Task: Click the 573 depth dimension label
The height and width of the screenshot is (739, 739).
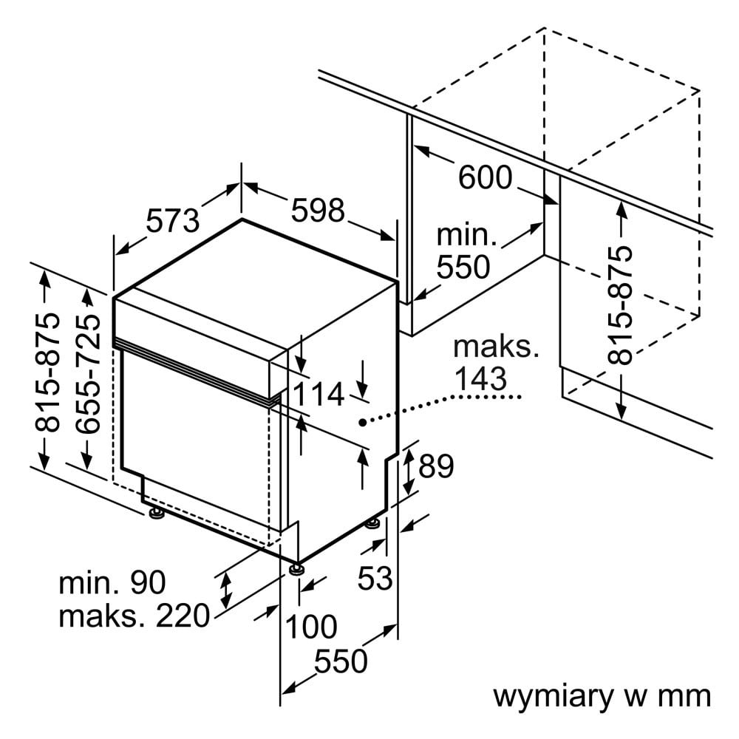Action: pyautogui.click(x=173, y=220)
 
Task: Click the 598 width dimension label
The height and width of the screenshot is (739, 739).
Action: pyautogui.click(x=318, y=211)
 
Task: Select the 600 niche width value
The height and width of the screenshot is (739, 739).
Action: pyautogui.click(x=485, y=177)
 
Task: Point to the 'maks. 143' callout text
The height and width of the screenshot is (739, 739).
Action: pyautogui.click(x=486, y=363)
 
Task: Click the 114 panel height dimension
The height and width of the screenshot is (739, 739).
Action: pyautogui.click(x=318, y=395)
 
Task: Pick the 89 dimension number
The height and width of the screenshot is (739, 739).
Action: pyautogui.click(x=436, y=466)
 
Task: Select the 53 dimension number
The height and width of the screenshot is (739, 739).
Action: pyautogui.click(x=375, y=579)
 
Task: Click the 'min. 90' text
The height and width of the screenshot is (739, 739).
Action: pyautogui.click(x=112, y=583)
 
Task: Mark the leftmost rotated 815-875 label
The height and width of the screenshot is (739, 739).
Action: pyautogui.click(x=48, y=373)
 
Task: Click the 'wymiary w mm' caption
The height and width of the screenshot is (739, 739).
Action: pyautogui.click(x=601, y=696)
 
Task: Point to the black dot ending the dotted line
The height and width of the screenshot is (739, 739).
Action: pyautogui.click(x=362, y=422)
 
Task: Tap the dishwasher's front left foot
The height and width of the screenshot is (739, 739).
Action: pyautogui.click(x=156, y=513)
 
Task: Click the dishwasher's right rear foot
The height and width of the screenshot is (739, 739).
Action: pyautogui.click(x=373, y=524)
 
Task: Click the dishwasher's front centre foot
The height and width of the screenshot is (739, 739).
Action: pyautogui.click(x=297, y=568)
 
